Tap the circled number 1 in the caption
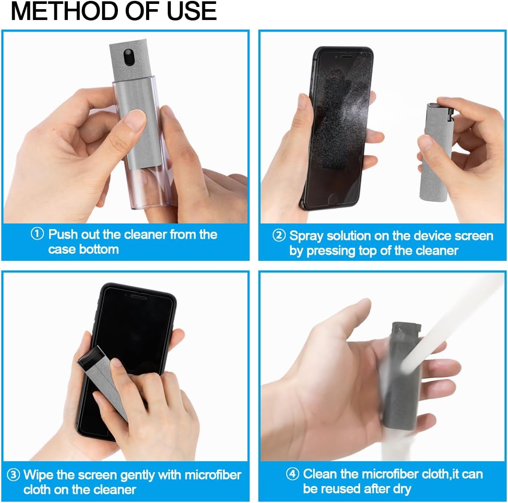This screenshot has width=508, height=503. [37, 234]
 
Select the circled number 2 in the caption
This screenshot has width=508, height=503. [279, 236]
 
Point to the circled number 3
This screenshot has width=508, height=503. [13, 474]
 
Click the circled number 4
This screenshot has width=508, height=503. [292, 473]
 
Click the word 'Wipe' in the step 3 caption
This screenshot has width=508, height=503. [38, 474]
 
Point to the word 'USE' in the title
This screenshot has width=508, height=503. [191, 11]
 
